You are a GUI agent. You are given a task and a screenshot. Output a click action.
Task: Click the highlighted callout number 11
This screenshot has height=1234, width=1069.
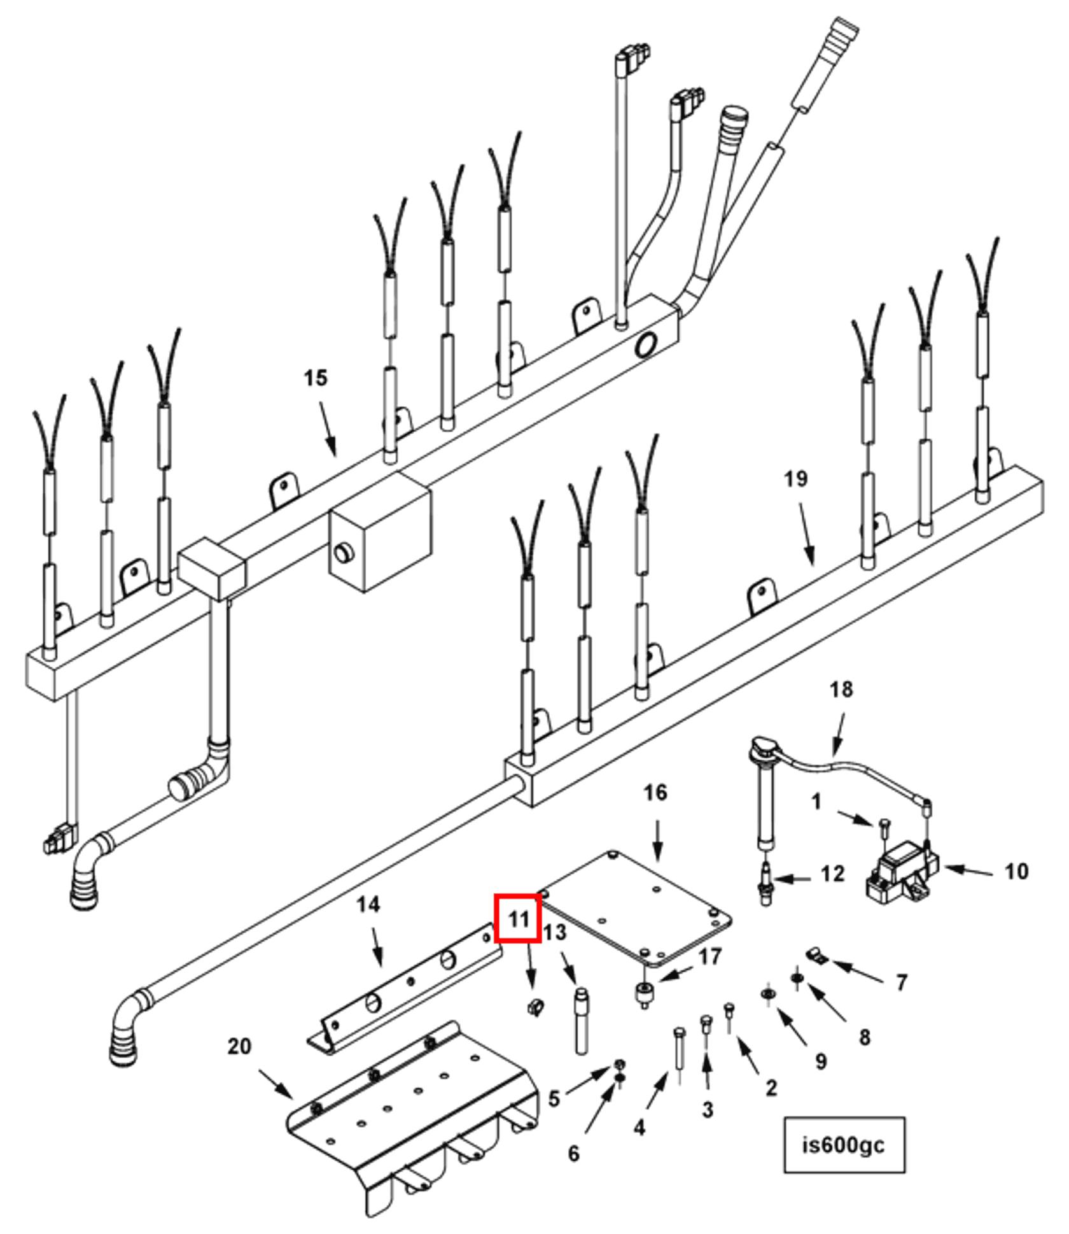click(518, 919)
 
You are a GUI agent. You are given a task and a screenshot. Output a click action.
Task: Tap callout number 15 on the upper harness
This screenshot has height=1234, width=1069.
click(315, 378)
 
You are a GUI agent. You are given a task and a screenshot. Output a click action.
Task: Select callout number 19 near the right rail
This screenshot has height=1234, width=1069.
click(795, 478)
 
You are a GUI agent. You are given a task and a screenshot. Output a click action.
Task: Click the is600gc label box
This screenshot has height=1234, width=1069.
click(843, 1144)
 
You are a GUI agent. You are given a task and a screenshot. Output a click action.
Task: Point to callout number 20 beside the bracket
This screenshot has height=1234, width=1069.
click(239, 1046)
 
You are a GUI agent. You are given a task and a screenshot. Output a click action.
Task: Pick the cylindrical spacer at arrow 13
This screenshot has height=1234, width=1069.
click(581, 1019)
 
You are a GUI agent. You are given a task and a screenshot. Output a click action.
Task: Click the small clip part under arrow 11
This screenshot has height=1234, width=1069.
click(536, 1007)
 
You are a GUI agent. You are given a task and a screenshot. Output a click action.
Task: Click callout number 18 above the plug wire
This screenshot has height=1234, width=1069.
click(841, 689)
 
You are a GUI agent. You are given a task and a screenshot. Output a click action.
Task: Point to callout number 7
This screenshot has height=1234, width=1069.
click(901, 982)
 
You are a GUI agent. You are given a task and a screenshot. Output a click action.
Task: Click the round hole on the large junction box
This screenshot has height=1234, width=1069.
click(344, 553)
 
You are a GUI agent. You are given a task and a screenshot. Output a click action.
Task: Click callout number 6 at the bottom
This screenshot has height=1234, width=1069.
click(573, 1153)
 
